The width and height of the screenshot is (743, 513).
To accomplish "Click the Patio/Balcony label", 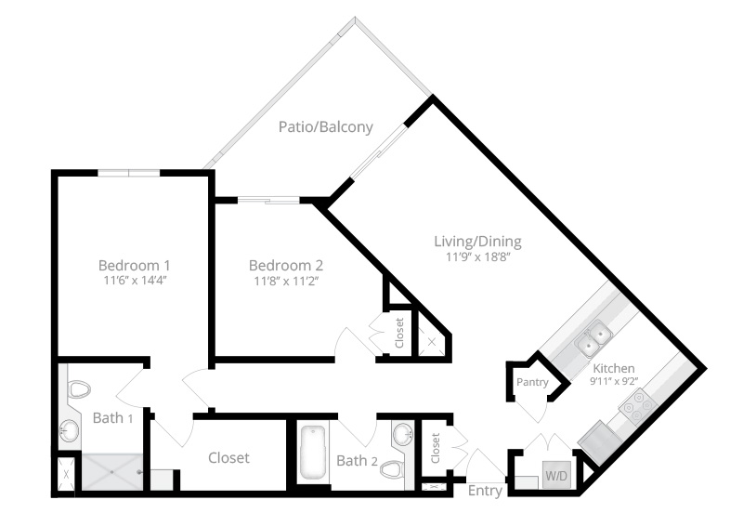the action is (326, 127).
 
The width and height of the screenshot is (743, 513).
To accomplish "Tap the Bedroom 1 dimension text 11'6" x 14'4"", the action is (136, 280).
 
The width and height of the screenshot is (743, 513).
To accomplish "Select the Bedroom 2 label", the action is (286, 265).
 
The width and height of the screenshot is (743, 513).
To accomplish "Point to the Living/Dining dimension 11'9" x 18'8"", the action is (477, 257).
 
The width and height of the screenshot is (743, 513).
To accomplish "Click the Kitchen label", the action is (614, 368).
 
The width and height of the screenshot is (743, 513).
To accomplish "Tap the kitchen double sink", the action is (593, 338).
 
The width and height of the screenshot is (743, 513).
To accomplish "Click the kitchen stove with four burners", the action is (634, 406).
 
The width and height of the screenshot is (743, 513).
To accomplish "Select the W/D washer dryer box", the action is (556, 475).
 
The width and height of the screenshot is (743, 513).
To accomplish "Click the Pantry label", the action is (532, 382).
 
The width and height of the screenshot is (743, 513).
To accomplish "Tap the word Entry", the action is (485, 491).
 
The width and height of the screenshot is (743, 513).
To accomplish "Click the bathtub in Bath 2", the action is (313, 453).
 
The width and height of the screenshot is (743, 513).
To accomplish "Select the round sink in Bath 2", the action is (403, 433).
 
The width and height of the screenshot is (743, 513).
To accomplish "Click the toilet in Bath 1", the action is (78, 389).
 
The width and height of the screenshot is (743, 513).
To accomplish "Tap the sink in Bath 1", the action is (69, 430).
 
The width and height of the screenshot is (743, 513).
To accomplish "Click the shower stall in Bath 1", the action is (112, 472).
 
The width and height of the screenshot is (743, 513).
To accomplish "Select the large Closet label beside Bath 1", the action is (228, 457).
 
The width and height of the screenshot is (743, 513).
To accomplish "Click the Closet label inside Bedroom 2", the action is (399, 333).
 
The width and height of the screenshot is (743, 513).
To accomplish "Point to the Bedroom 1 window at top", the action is (129, 173).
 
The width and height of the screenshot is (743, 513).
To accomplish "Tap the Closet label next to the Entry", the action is (436, 448).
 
